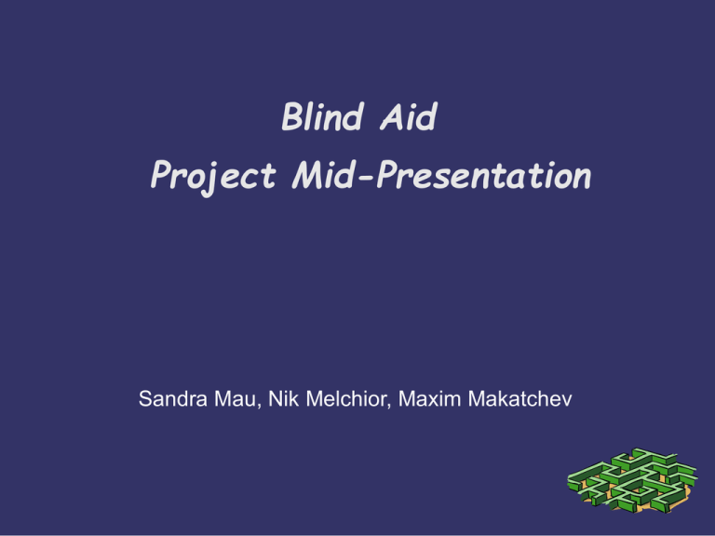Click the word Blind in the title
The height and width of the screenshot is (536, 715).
pos(323,116)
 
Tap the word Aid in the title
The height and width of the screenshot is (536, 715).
pos(409,116)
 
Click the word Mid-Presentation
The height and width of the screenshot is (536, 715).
pos(441,175)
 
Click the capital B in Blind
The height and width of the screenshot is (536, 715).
pos(293,116)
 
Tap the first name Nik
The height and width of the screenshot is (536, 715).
pos(283,399)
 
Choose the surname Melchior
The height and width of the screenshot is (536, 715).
pos(346,399)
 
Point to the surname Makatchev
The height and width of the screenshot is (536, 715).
pos(520,399)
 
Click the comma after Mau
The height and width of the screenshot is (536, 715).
pos(259,407)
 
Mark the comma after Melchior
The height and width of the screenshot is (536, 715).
pos(389,407)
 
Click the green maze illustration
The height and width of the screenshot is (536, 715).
pos(632,480)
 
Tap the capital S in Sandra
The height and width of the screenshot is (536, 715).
pos(145,399)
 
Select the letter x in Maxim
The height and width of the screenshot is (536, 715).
pos(430,401)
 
